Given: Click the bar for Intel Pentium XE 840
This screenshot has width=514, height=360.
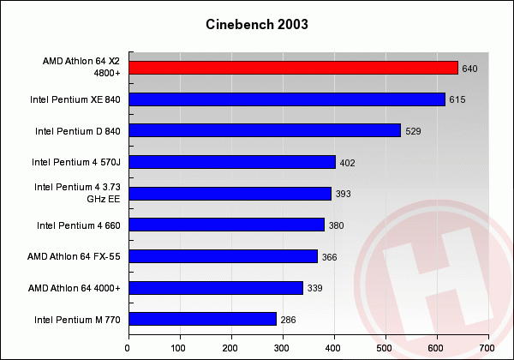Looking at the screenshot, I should click(286, 99).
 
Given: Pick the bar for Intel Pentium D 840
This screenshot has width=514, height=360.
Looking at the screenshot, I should click(264, 130).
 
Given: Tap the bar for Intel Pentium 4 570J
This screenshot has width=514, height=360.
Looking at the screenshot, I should click(231, 162).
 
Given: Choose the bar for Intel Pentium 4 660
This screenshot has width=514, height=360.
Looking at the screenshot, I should click(226, 225).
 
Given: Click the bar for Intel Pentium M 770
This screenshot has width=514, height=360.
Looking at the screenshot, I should click(202, 320).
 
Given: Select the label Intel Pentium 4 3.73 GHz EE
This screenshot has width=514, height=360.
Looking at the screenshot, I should click(77, 193).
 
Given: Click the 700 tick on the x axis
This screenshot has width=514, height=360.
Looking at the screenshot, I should click(487, 348).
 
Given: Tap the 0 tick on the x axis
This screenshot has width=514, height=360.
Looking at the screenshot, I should click(128, 348).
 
